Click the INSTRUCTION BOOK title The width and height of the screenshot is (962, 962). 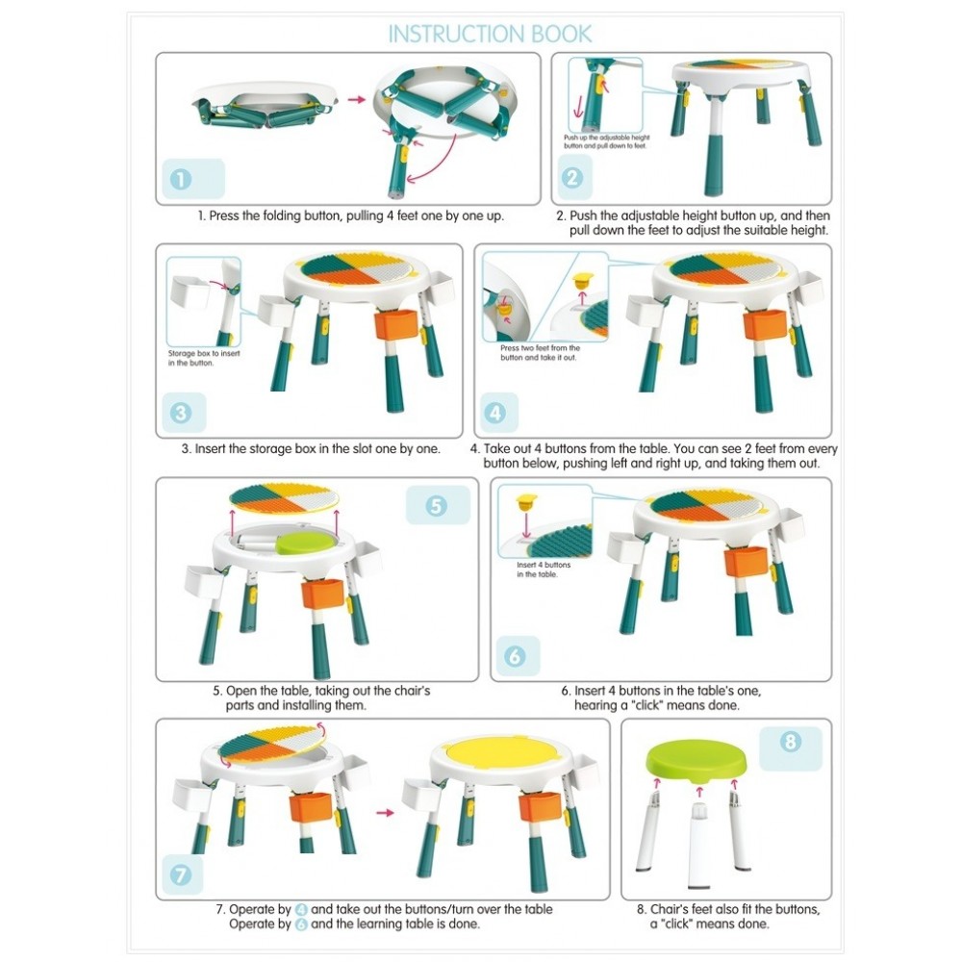pyautogui.click(x=491, y=34)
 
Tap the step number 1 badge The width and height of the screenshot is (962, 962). pyautogui.click(x=181, y=179)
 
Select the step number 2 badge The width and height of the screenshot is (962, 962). pyautogui.click(x=571, y=178)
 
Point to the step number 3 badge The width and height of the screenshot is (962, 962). pyautogui.click(x=181, y=413)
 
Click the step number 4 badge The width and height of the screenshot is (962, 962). pyautogui.click(x=495, y=413)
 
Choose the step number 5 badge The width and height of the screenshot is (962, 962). pyautogui.click(x=436, y=506)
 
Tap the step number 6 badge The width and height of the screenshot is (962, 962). pyautogui.click(x=516, y=656)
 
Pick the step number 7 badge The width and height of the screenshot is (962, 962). pyautogui.click(x=181, y=874)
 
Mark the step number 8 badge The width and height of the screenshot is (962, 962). pyautogui.click(x=790, y=742)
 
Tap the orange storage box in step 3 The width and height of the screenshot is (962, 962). pyautogui.click(x=397, y=324)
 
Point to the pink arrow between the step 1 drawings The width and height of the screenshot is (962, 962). pyautogui.click(x=357, y=99)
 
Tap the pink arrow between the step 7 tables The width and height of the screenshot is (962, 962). pyautogui.click(x=386, y=812)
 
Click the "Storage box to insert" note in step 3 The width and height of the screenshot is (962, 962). pyautogui.click(x=204, y=353)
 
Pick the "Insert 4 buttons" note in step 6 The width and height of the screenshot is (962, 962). pyautogui.click(x=544, y=565)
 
